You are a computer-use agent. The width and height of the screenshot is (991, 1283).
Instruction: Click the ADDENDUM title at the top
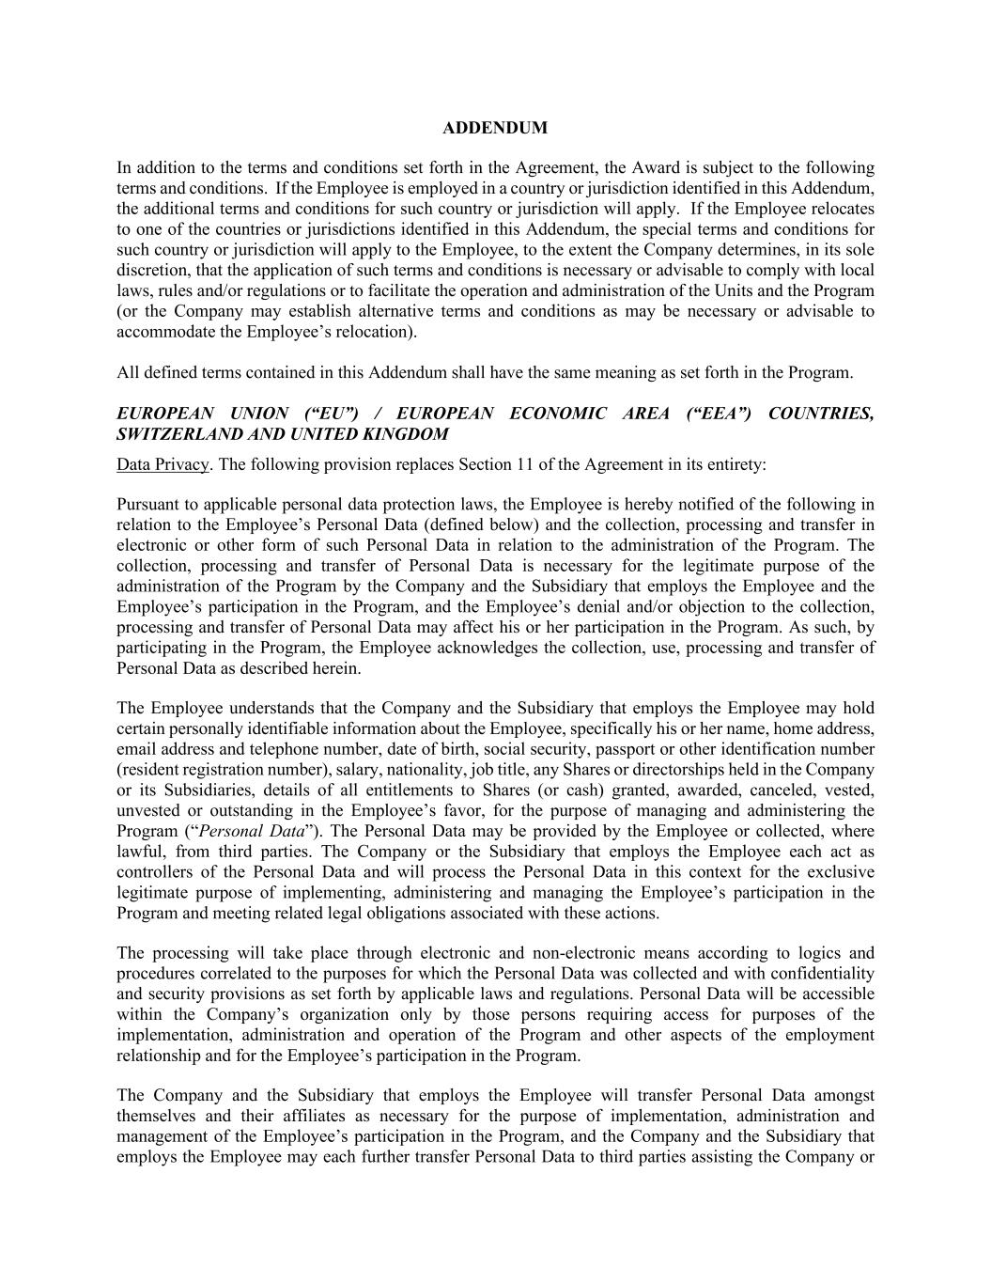(495, 128)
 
